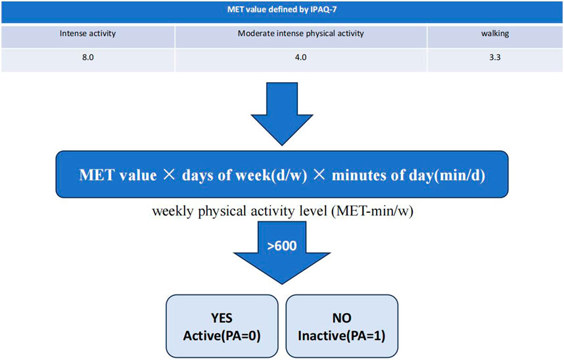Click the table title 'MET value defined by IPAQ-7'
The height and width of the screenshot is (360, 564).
point(282,10)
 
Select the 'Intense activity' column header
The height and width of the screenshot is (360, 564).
point(88,34)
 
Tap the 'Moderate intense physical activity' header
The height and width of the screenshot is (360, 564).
point(300,34)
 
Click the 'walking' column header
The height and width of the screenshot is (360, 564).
point(495,34)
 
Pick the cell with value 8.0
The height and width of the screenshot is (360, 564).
point(88,57)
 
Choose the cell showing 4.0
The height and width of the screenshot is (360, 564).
point(300,57)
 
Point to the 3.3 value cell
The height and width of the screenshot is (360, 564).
point(495,57)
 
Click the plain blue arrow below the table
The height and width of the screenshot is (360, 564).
point(282,113)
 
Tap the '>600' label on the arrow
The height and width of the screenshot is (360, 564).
point(282,246)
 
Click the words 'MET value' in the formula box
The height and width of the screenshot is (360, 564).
point(118,175)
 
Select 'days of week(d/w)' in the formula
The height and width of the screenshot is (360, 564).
point(245,175)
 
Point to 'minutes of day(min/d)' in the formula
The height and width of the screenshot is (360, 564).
point(408,175)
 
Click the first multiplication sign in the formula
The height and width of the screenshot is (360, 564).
point(169,175)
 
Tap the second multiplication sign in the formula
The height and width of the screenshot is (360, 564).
point(319,175)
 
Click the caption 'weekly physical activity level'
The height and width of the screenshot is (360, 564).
point(239,211)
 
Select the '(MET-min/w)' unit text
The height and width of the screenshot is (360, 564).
point(371,211)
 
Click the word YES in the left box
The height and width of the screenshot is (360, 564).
point(222,318)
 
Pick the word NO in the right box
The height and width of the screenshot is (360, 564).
point(342,318)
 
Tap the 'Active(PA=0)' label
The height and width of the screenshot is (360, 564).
point(222,336)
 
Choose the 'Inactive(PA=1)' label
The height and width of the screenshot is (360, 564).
point(342,336)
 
